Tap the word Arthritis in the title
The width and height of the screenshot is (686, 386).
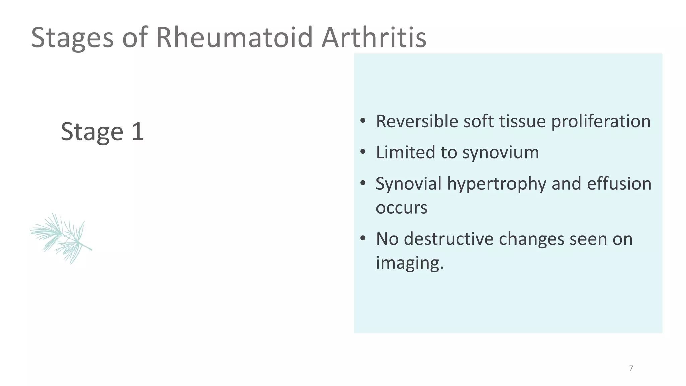[x=374, y=38]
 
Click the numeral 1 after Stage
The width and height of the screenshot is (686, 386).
[x=138, y=131]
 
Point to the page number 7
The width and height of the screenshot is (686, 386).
[x=631, y=368]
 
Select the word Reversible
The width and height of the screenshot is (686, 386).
[x=417, y=121]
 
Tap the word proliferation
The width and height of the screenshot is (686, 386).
[x=601, y=122]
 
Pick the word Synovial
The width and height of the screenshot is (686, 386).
[x=409, y=184]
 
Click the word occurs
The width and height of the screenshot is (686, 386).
[x=401, y=208]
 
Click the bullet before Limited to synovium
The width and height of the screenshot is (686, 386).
[x=363, y=152]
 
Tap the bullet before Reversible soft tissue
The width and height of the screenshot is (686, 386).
[x=363, y=121]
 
